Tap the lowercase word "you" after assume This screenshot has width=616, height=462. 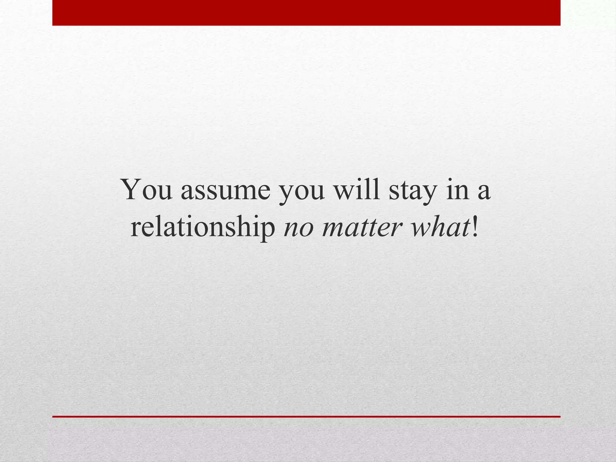coord(302,192)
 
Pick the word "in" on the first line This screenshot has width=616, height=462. coord(457,189)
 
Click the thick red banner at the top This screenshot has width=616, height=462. coord(306,13)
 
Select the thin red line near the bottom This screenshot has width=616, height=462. coord(306,417)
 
